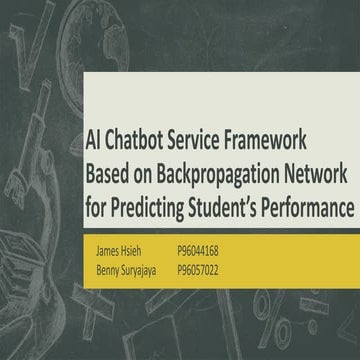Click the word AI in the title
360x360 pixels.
tap(93, 144)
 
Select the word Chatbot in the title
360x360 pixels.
tap(138, 144)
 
